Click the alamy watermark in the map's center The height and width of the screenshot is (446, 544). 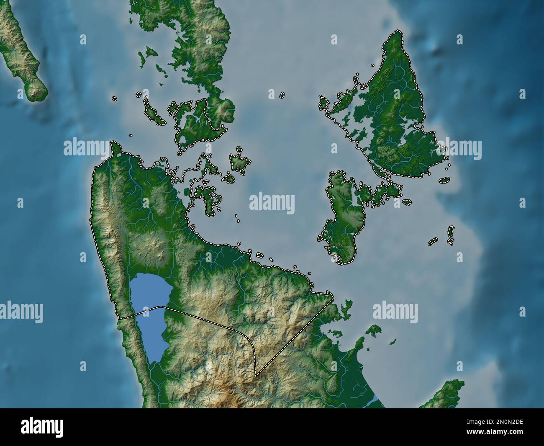(x=272, y=203)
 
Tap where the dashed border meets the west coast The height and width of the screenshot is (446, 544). (x=119, y=319)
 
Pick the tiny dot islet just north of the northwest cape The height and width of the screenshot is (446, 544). (x=131, y=136)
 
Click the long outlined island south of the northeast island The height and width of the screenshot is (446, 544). (x=343, y=218)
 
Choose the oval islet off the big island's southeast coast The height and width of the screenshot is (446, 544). (x=444, y=180)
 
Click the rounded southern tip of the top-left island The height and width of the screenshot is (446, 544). (x=36, y=90)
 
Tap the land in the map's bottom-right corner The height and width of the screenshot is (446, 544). (x=444, y=394)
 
